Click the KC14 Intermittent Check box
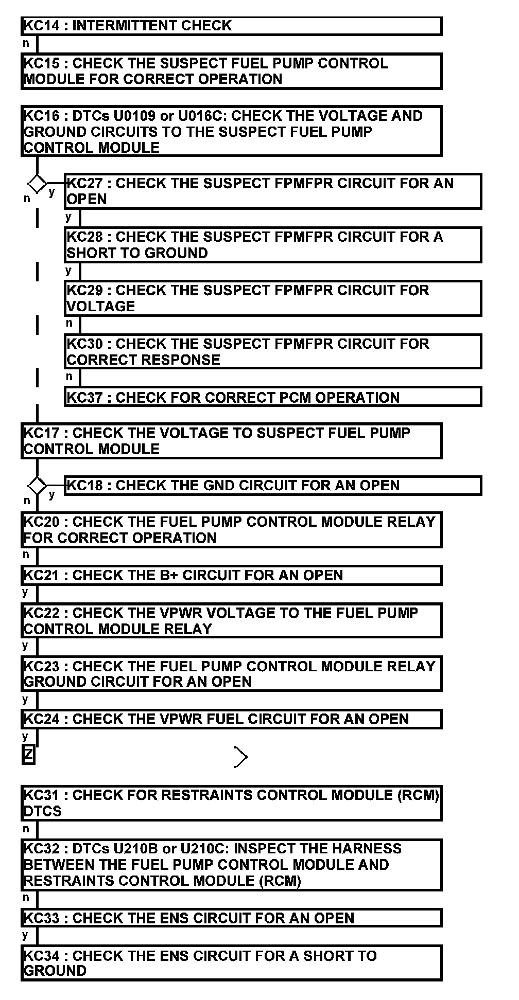pyautogui.click(x=231, y=26)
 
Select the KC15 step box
pyautogui.click(x=231, y=72)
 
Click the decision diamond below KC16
pyautogui.click(x=37, y=183)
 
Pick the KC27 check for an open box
pyautogui.click(x=273, y=191)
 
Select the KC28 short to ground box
pyautogui.click(x=273, y=245)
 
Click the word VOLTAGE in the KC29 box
pyautogui.click(x=101, y=307)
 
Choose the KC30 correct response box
pyautogui.click(x=273, y=352)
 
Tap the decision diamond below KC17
pyautogui.click(x=37, y=485)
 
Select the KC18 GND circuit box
pyautogui.click(x=273, y=486)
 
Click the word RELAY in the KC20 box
pyautogui.click(x=409, y=522)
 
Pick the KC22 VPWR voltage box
pyautogui.click(x=231, y=621)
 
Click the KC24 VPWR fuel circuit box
pyautogui.click(x=231, y=719)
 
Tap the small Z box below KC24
pyautogui.click(x=29, y=755)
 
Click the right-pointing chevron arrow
pyautogui.click(x=241, y=757)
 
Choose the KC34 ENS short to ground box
pyautogui.click(x=231, y=963)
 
